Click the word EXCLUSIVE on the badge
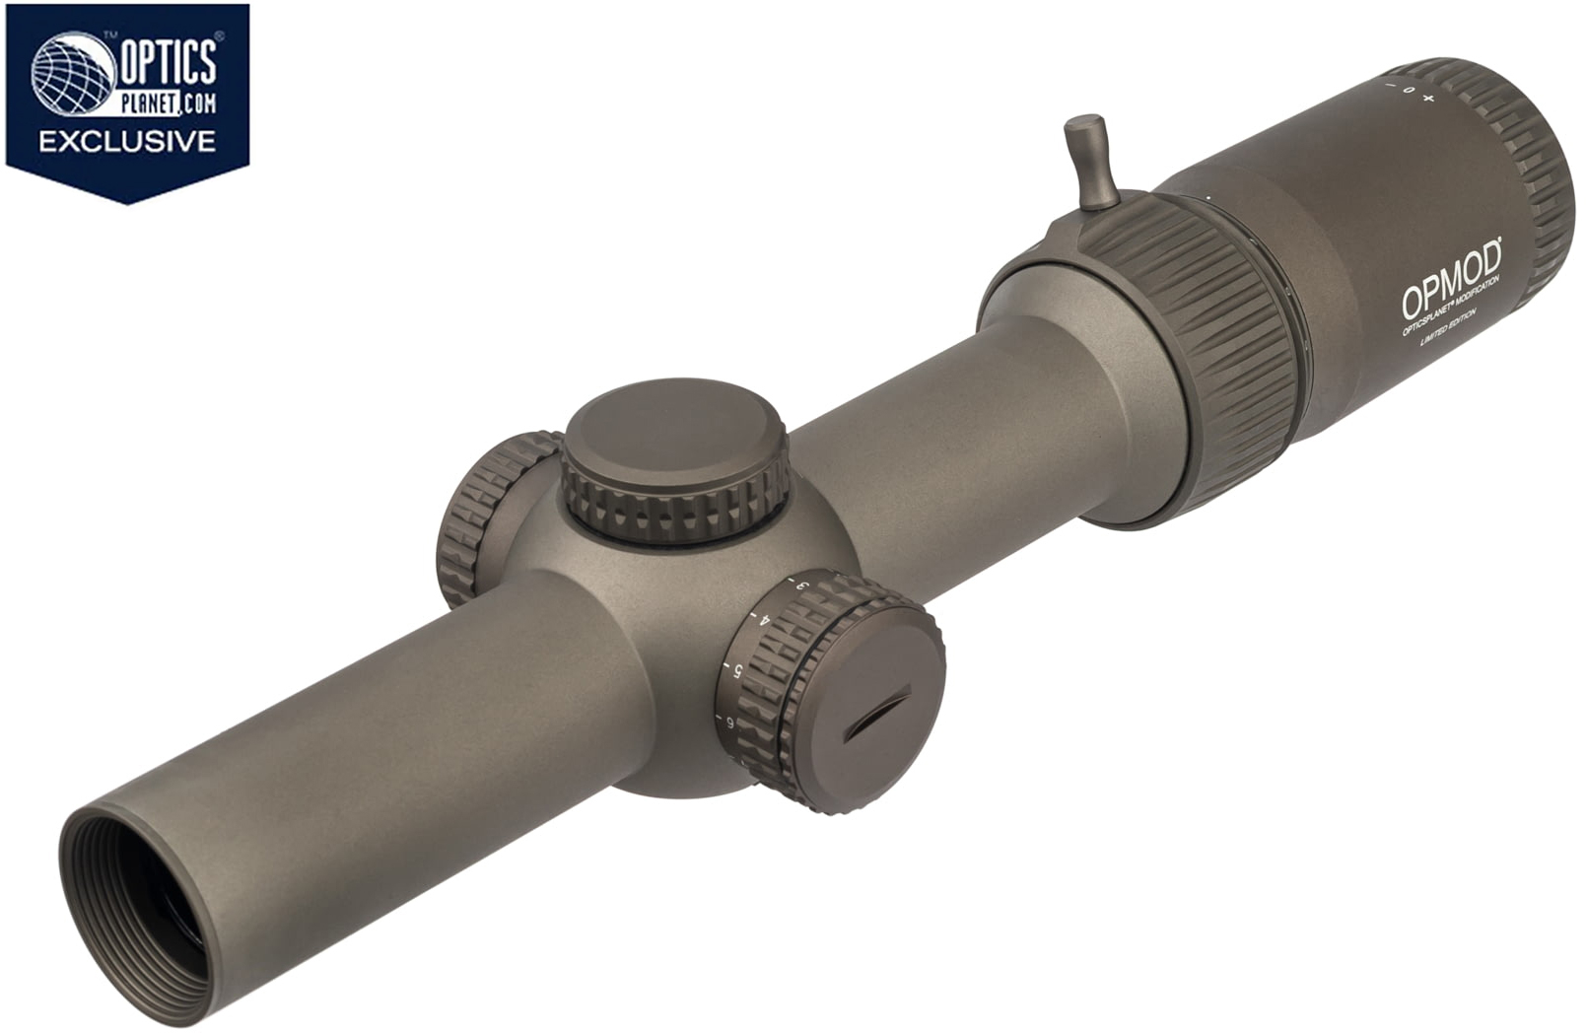coord(127,141)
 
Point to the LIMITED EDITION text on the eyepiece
coord(1448,330)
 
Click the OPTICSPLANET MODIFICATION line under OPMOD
coord(1450,309)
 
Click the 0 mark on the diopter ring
coord(1409,93)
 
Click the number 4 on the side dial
coord(765,620)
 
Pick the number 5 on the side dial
coord(737,671)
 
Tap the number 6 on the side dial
coord(729,723)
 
